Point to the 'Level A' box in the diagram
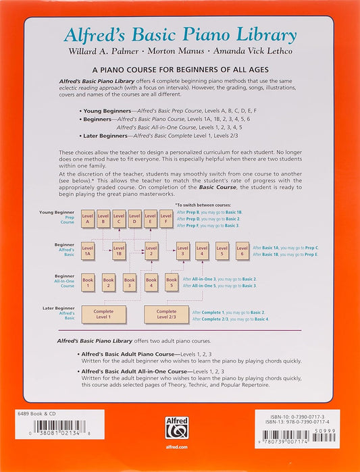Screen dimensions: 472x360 click(x=87, y=218)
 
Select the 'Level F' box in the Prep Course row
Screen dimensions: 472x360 click(x=166, y=218)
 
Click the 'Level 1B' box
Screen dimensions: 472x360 click(x=119, y=251)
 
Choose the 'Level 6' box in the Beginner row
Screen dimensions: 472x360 click(x=242, y=251)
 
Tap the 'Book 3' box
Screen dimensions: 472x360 click(x=130, y=282)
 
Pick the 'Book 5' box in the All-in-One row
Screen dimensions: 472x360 click(x=172, y=282)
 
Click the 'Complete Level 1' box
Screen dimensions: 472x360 click(x=105, y=314)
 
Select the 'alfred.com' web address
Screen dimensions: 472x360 click(x=180, y=458)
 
